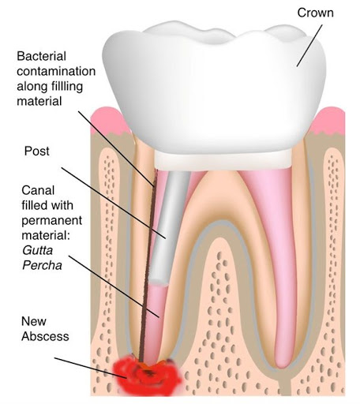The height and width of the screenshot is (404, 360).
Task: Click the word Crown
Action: click(x=315, y=13)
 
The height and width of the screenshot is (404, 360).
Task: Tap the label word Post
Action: click(x=36, y=151)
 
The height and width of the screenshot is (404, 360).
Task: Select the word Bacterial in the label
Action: click(x=41, y=56)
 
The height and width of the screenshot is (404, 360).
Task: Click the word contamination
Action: click(x=56, y=71)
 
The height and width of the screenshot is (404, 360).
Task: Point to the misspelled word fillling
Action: click(x=67, y=87)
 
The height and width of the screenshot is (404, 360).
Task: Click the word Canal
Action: click(x=38, y=190)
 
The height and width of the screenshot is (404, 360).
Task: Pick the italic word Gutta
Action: click(x=38, y=250)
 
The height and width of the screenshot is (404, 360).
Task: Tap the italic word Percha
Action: click(x=42, y=265)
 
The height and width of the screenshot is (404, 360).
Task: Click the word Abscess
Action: click(x=45, y=336)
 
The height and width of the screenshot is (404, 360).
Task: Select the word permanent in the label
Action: click(x=52, y=220)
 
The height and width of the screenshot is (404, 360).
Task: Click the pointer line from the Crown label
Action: click(x=309, y=46)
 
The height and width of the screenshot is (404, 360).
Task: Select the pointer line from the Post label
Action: click(x=114, y=203)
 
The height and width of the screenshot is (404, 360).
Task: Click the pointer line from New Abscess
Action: click(x=90, y=368)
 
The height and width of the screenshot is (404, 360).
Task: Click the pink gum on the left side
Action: click(x=109, y=121)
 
